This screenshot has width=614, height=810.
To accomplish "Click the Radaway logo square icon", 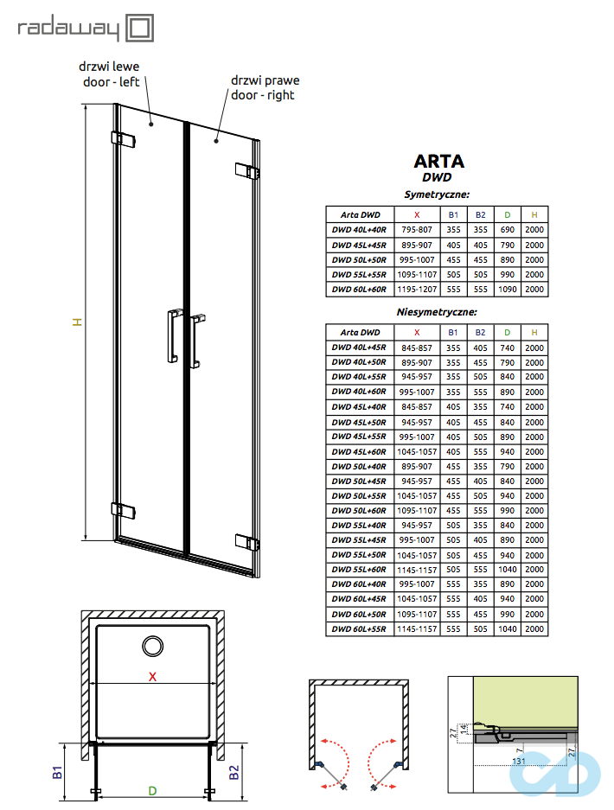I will [x=141, y=28].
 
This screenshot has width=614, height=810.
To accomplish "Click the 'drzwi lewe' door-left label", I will [x=108, y=73].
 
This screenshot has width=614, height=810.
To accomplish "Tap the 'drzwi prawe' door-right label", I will [x=263, y=87].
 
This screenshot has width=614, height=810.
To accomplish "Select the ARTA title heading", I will [x=438, y=161].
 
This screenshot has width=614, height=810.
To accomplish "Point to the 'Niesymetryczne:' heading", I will [x=437, y=311].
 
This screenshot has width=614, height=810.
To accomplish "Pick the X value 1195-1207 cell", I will [x=417, y=289].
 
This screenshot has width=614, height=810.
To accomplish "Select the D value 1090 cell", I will [x=508, y=289].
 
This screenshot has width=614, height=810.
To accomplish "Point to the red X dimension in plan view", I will [x=152, y=677].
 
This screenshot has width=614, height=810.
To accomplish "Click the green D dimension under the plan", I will [x=151, y=790].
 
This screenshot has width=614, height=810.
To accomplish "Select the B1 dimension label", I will [x=58, y=771].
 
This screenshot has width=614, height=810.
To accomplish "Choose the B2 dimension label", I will [x=233, y=771].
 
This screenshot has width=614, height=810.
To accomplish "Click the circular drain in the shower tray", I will [x=153, y=646].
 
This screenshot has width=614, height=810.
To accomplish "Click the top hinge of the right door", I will [x=248, y=170].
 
